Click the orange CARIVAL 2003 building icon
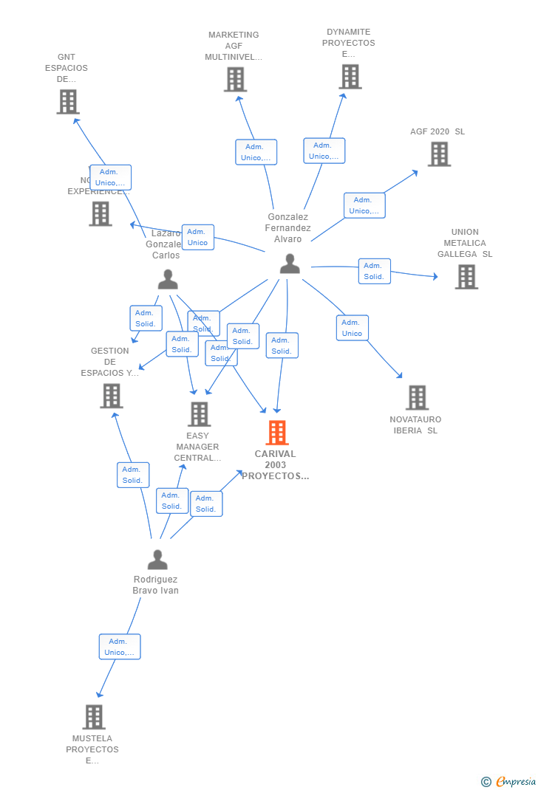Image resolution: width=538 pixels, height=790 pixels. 277,433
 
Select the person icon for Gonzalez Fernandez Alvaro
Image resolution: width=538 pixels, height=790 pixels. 290,264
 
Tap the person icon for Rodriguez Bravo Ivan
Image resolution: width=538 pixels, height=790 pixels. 157,560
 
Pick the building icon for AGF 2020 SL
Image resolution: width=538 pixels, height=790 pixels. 439,154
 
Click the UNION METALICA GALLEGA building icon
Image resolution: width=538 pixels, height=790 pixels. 466,277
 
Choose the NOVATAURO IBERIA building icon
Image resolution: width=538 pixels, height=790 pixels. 417,397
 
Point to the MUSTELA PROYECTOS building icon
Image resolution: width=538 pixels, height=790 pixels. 94,717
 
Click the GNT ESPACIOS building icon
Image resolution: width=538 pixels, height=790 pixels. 68,102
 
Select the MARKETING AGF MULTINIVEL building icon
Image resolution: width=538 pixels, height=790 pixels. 235,80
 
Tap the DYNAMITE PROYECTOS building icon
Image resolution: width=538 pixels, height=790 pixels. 350,77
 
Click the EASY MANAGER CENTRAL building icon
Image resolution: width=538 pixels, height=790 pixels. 199,414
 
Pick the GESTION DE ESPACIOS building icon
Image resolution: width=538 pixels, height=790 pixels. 111,396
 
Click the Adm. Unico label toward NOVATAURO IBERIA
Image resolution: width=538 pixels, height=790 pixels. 353,328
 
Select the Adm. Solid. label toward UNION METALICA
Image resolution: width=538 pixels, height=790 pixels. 374,271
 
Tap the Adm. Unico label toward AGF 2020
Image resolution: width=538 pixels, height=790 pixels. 364,205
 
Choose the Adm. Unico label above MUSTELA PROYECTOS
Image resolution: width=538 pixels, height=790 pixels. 120,647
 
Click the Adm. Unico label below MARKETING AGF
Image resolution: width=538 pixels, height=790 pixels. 256,152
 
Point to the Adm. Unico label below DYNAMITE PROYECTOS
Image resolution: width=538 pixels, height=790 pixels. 324,151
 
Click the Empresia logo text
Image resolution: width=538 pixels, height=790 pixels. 516,782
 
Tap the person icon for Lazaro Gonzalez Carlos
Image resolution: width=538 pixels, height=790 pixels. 168,279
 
